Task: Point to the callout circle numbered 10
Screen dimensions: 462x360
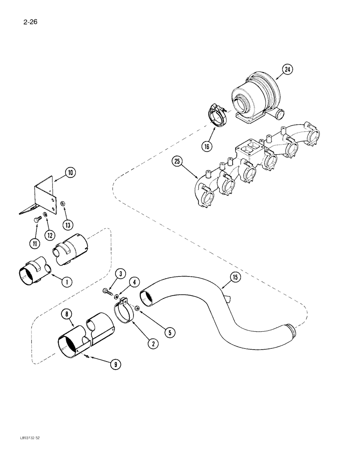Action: [x=70, y=173]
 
